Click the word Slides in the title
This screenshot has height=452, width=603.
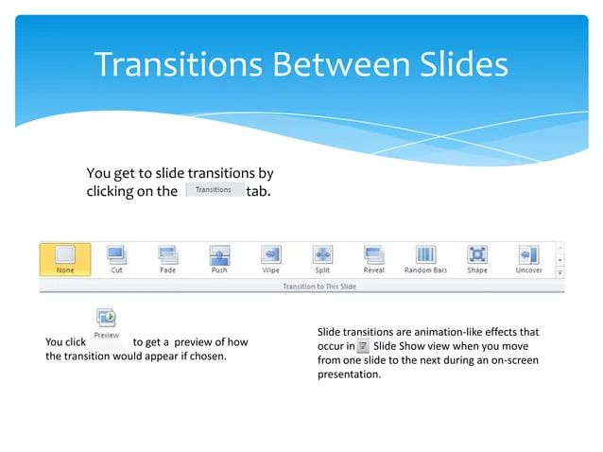coord(451,64)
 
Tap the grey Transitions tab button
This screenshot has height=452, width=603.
coord(214,190)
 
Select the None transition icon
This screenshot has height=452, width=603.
coord(65,255)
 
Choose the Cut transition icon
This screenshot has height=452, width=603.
coord(116,255)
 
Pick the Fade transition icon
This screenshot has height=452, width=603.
coord(167,255)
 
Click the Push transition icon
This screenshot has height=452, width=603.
coord(218,255)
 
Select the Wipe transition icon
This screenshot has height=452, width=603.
coord(270,255)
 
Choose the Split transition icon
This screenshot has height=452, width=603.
coord(322,255)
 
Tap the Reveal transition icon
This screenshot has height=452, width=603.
coord(373,255)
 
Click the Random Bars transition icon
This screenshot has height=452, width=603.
coord(425,255)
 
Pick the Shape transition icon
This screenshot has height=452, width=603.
coord(477,255)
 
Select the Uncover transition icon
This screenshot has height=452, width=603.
coord(528,255)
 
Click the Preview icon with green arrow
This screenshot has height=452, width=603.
coord(106,318)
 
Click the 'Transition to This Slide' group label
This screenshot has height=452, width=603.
coord(319,286)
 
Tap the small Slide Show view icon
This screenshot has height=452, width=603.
coord(363,347)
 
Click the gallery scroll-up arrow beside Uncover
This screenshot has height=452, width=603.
coord(560,249)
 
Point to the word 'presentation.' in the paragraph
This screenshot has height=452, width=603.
coord(349,374)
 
